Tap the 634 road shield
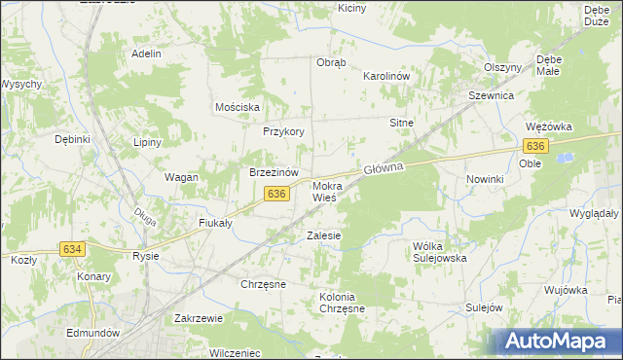pyautogui.click(x=72, y=249)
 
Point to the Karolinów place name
pyautogui.click(x=384, y=76)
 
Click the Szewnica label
pyautogui.click(x=491, y=97)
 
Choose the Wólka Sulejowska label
pyautogui.click(x=440, y=252)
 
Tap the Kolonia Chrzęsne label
pyautogui.click(x=342, y=303)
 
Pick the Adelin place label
pyautogui.click(x=146, y=54)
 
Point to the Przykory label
pyautogui.click(x=284, y=131)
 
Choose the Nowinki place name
pyautogui.click(x=484, y=180)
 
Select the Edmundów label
pyautogui.click(x=93, y=332)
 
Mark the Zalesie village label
pyautogui.click(x=323, y=235)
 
